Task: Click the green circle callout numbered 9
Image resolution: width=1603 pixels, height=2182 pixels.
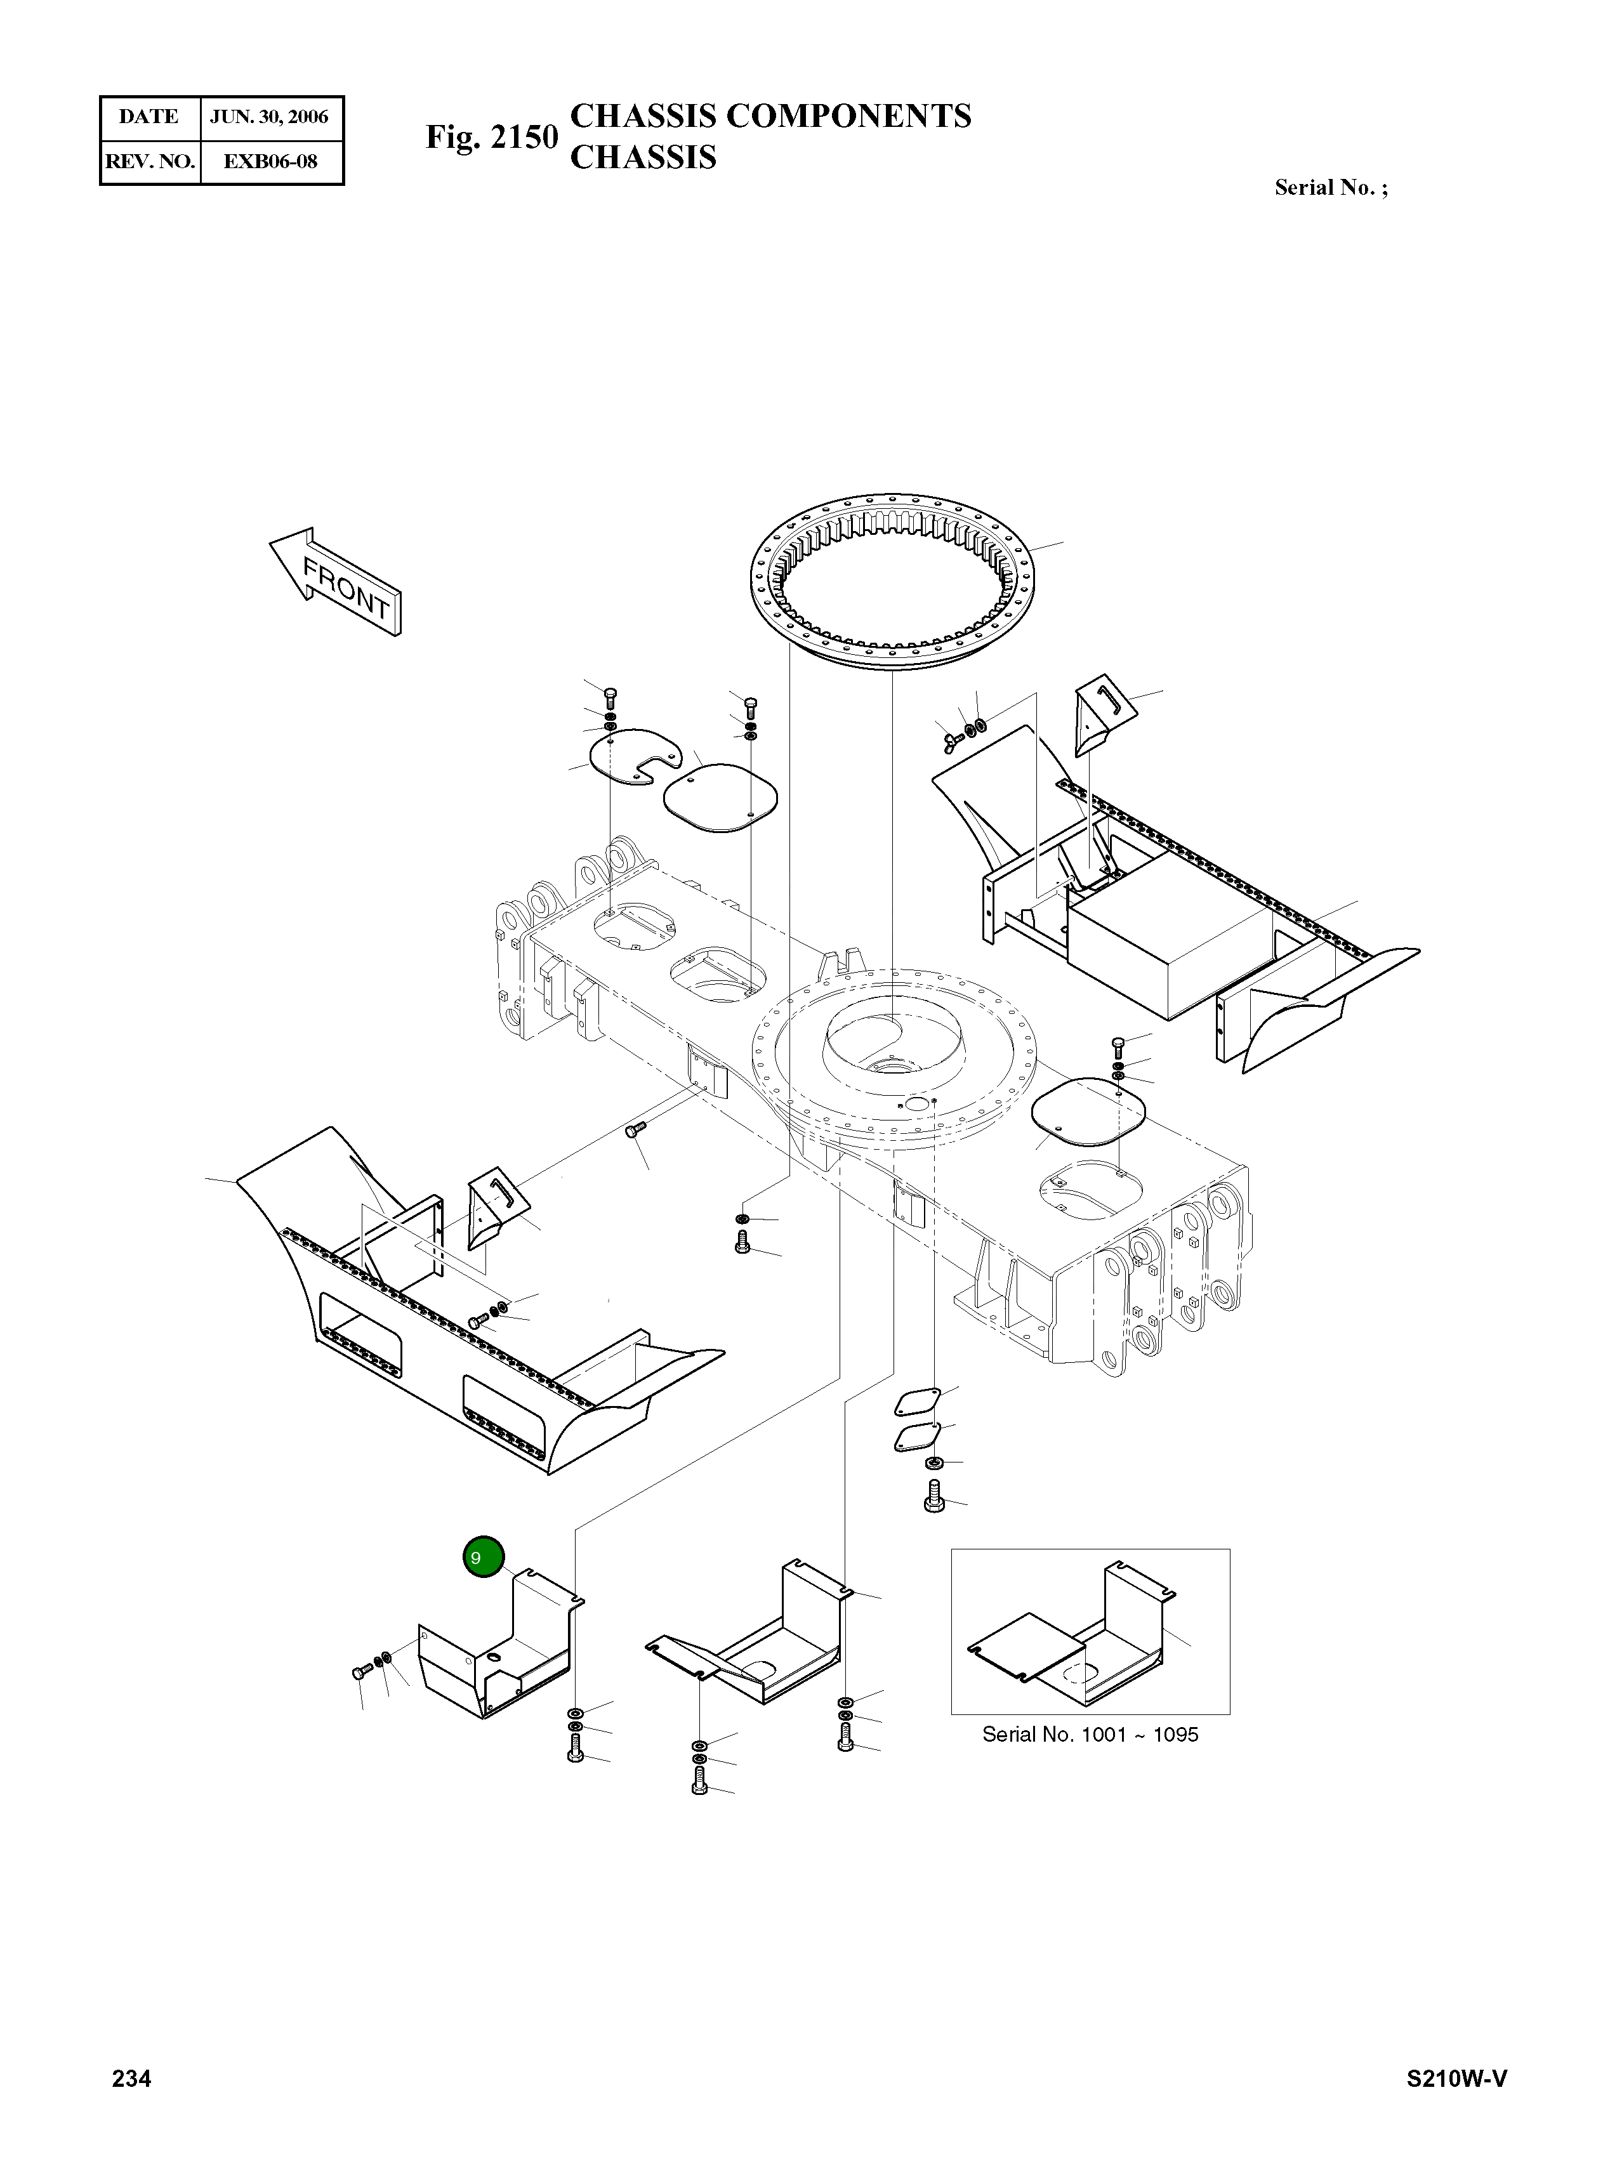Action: pyautogui.click(x=483, y=1557)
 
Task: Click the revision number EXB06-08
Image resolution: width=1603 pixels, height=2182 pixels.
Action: pyautogui.click(x=270, y=161)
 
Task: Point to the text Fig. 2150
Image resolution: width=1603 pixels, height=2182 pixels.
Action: pyautogui.click(x=491, y=137)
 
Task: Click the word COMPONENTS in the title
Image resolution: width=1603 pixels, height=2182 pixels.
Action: pyautogui.click(x=848, y=116)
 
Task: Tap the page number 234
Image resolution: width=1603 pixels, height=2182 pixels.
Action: pyautogui.click(x=132, y=2078)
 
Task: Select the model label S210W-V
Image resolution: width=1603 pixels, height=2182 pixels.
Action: pyautogui.click(x=1456, y=2078)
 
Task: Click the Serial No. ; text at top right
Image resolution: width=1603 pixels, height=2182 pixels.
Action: pyautogui.click(x=1330, y=187)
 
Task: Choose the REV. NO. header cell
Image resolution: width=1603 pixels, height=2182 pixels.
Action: pyautogui.click(x=149, y=161)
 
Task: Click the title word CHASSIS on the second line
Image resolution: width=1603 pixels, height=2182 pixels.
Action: pyautogui.click(x=642, y=157)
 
